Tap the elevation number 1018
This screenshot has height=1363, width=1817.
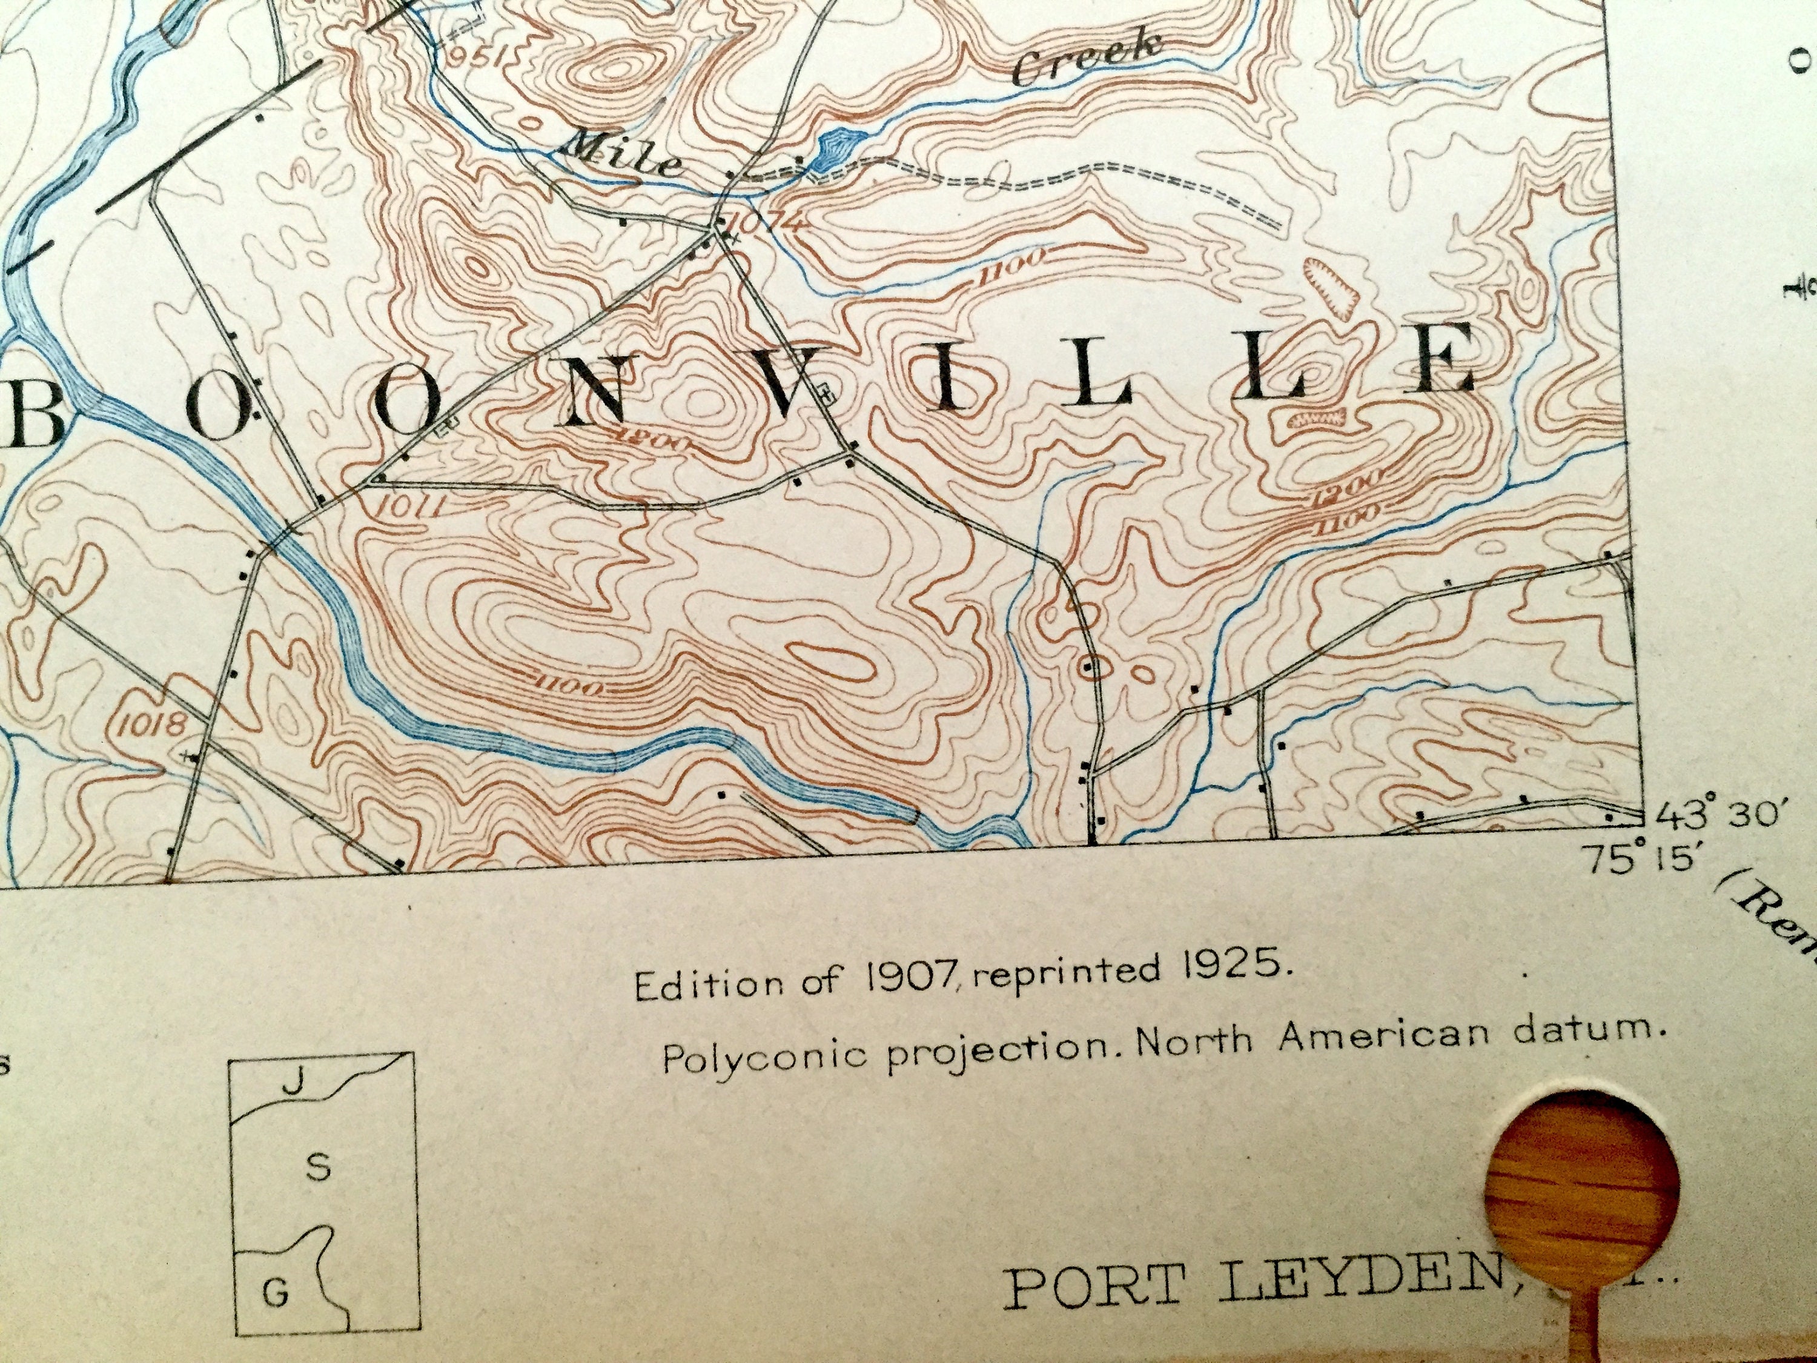[x=154, y=723]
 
